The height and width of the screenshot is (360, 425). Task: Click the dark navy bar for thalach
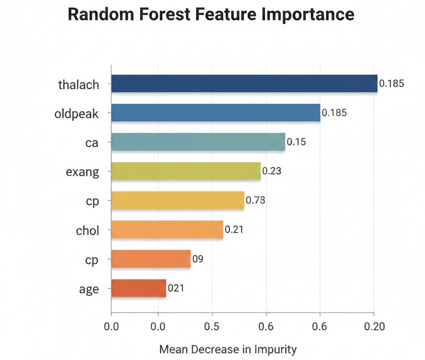pyautogui.click(x=244, y=83)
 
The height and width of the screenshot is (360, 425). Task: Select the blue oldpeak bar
pyautogui.click(x=216, y=113)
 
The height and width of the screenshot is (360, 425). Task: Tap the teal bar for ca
pyautogui.click(x=198, y=142)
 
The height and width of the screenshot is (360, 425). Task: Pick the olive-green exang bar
pyautogui.click(x=186, y=171)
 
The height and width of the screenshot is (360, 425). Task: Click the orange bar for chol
pyautogui.click(x=167, y=229)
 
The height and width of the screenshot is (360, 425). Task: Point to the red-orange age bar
pyautogui.click(x=139, y=288)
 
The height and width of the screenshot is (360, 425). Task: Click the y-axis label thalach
pyautogui.click(x=79, y=85)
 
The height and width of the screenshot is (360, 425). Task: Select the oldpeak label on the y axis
pyautogui.click(x=77, y=114)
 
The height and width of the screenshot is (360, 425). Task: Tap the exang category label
pyautogui.click(x=83, y=172)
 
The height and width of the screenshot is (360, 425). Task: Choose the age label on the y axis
pyautogui.click(x=89, y=289)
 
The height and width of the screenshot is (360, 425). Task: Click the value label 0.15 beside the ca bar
pyautogui.click(x=296, y=142)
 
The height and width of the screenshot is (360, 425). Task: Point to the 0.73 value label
pyautogui.click(x=255, y=200)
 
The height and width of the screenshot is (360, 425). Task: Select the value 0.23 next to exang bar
pyautogui.click(x=272, y=170)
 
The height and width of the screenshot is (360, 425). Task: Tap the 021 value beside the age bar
pyautogui.click(x=176, y=288)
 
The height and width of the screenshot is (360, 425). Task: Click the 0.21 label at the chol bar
pyautogui.click(x=234, y=229)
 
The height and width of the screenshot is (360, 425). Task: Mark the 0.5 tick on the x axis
pyautogui.click(x=212, y=326)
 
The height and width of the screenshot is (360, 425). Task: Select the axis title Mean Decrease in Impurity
pyautogui.click(x=228, y=349)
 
